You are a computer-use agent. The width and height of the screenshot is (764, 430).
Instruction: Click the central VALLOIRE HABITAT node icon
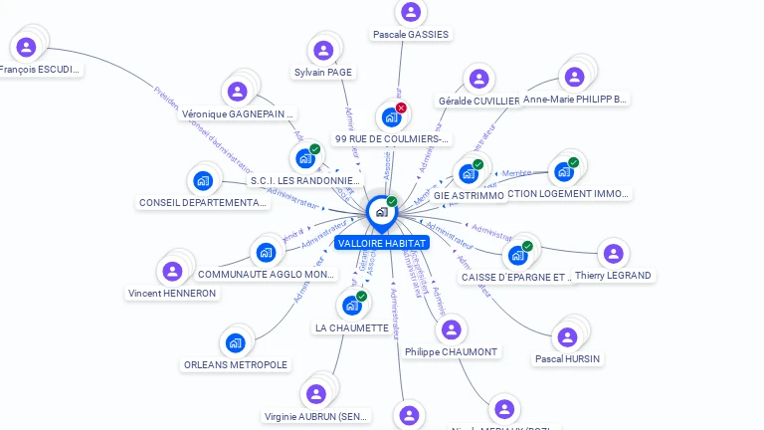pyautogui.click(x=381, y=211)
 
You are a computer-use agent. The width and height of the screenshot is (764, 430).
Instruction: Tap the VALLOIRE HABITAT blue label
pyautogui.click(x=381, y=243)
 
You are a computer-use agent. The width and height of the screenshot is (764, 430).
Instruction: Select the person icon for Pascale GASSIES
pyautogui.click(x=410, y=12)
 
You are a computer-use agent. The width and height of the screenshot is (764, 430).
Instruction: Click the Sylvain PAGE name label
pyautogui.click(x=323, y=72)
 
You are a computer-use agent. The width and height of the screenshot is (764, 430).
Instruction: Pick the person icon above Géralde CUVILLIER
pyautogui.click(x=479, y=79)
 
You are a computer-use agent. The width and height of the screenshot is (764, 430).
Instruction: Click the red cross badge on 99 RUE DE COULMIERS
pyautogui.click(x=401, y=107)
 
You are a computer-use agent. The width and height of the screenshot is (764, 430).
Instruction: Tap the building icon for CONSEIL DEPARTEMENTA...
pyautogui.click(x=203, y=180)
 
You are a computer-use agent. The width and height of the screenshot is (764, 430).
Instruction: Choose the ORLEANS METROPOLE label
pyautogui.click(x=236, y=364)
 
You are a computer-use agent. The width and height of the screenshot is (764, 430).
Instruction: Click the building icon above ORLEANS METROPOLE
pyautogui.click(x=235, y=342)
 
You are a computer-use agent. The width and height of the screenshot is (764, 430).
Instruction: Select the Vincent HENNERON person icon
pyautogui.click(x=172, y=271)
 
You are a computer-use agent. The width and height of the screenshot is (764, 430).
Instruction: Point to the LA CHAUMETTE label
pyautogui.click(x=351, y=327)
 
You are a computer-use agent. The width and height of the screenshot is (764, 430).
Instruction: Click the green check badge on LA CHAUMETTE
pyautogui.click(x=361, y=296)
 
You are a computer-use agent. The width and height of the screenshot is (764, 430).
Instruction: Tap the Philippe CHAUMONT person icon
pyautogui.click(x=451, y=329)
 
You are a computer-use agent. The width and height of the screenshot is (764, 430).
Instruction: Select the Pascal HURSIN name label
pyautogui.click(x=567, y=358)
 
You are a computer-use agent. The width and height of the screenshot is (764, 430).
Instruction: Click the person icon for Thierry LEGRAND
pyautogui.click(x=613, y=254)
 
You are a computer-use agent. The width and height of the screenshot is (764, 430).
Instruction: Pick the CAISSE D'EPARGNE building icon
pyautogui.click(x=517, y=256)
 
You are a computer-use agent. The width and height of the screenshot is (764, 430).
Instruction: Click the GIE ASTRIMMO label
pyautogui.click(x=469, y=195)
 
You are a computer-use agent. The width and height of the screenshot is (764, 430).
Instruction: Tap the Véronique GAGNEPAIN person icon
pyautogui.click(x=237, y=92)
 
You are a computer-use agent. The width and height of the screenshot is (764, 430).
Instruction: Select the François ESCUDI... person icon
pyautogui.click(x=26, y=47)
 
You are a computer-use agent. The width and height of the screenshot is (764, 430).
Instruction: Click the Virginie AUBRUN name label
pyautogui.click(x=316, y=416)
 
